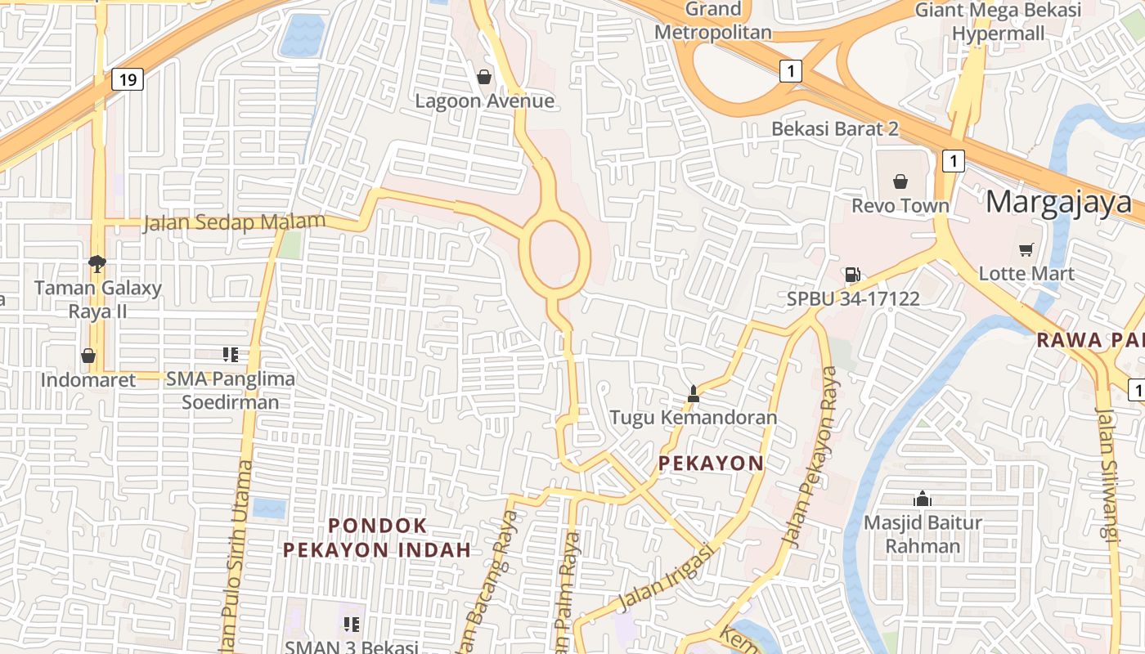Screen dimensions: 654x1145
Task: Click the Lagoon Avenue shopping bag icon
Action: coord(484,77)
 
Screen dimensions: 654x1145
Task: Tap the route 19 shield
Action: coord(127,79)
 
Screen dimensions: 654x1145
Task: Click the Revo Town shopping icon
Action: coord(900,181)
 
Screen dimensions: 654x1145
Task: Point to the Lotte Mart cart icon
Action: coord(1026,249)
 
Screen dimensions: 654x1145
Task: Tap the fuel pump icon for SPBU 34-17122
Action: coord(852,275)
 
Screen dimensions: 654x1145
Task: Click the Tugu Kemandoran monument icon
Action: coord(694,394)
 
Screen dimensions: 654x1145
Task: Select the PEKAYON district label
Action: coord(711,464)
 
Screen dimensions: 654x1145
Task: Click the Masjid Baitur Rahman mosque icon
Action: coord(923,498)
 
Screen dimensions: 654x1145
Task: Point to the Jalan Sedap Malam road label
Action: coord(234,222)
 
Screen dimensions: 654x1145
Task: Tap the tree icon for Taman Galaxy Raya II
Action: coord(97,263)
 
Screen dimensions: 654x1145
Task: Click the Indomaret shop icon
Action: coord(88,356)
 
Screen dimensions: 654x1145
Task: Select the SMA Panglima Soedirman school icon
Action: coord(231,354)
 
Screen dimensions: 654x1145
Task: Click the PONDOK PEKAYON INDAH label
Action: coord(377,537)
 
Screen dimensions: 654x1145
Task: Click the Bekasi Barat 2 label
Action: coord(835,128)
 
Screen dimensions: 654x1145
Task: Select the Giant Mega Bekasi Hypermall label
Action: coord(998,21)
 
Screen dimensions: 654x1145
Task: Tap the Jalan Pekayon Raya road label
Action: coord(810,458)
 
